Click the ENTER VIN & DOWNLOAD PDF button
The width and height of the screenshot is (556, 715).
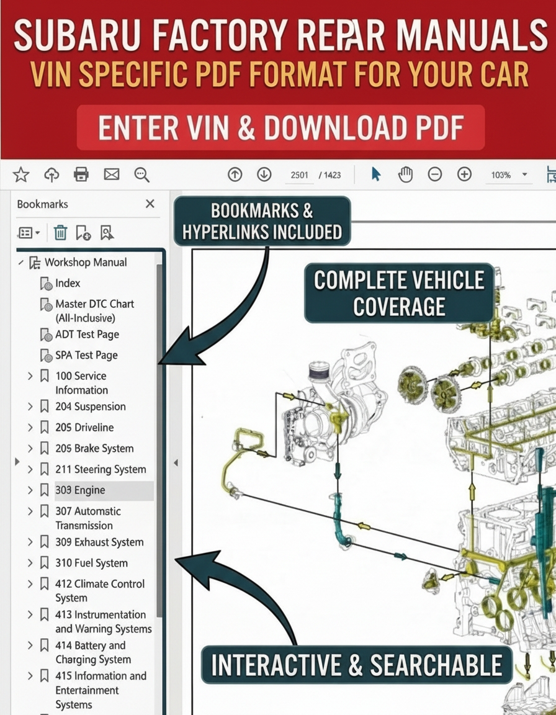tap(280, 128)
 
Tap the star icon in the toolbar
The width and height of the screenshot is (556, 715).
tap(21, 174)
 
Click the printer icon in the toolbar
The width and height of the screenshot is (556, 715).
tap(81, 174)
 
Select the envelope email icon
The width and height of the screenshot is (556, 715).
tap(112, 174)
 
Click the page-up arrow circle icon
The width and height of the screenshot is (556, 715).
tap(235, 174)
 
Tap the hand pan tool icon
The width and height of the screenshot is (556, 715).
tap(405, 174)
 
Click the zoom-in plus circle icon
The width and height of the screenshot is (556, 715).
tap(464, 174)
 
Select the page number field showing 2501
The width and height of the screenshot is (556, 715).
tap(300, 175)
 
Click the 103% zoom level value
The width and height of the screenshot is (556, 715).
tap(501, 175)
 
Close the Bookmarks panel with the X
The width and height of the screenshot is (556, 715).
tap(150, 204)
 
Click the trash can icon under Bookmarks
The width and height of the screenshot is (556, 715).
tap(60, 233)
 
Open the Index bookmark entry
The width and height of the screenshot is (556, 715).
tap(68, 283)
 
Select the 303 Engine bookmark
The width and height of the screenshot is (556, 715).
tap(80, 490)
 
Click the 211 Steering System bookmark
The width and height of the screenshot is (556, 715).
tap(101, 469)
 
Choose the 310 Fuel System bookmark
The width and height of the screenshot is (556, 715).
tap(92, 563)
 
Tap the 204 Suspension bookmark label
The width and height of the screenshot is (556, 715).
tap(91, 407)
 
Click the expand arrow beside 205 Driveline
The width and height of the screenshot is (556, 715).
tap(30, 428)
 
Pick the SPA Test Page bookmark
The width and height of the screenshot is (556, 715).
tap(87, 355)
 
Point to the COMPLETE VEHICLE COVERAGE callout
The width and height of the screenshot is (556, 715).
tap(399, 293)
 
